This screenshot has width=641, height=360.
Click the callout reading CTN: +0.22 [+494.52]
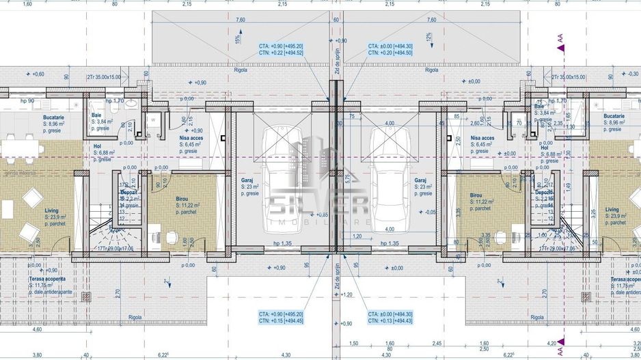point(281,53)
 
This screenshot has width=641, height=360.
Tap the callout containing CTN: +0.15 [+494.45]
point(281,320)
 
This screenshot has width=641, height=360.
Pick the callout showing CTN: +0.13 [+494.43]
point(390,320)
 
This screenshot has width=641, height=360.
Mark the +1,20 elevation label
point(346,295)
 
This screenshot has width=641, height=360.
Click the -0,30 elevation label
point(632,74)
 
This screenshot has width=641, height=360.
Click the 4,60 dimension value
point(18,329)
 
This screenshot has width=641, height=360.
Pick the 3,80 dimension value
point(18,355)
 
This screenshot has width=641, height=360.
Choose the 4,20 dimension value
point(552,344)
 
